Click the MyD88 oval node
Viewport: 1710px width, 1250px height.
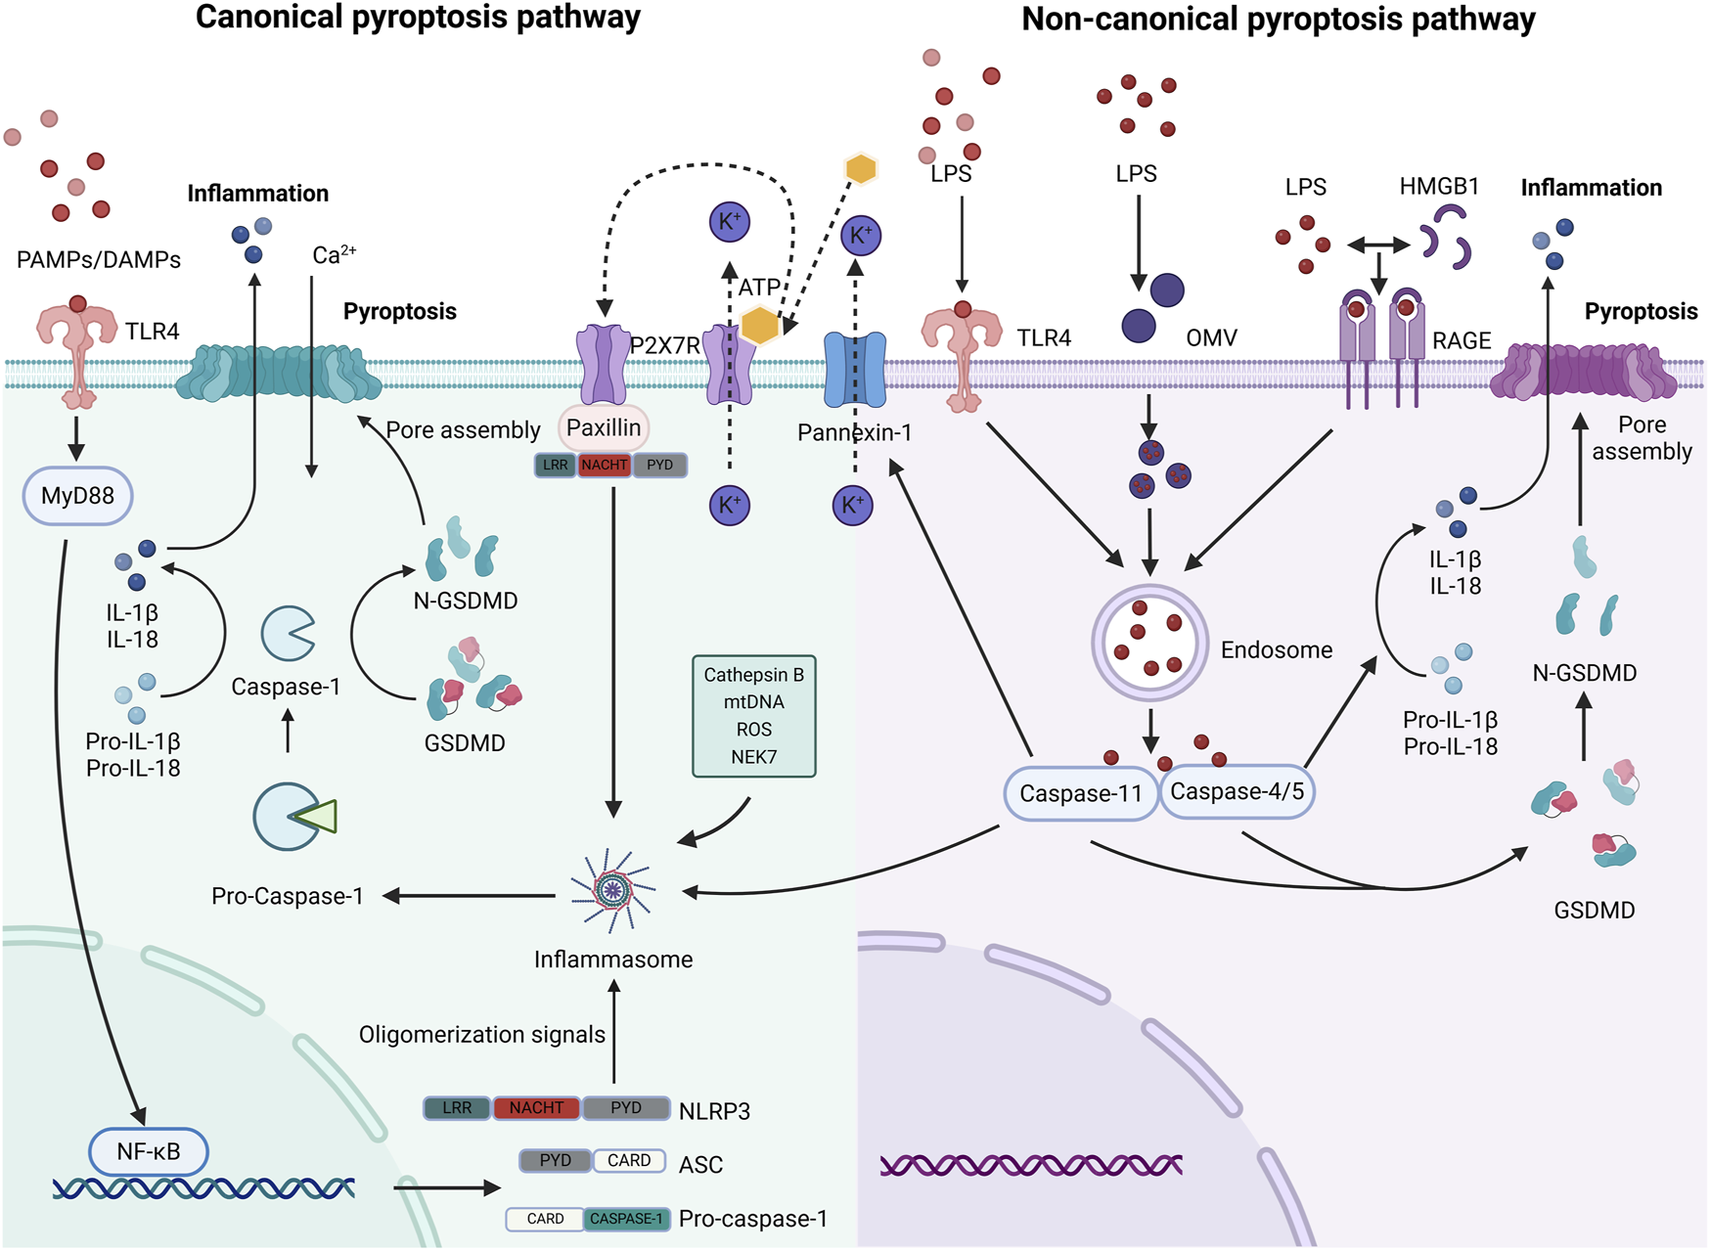(x=77, y=496)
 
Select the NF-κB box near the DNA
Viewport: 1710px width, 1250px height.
(x=148, y=1151)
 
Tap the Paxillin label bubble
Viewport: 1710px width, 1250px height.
(x=604, y=427)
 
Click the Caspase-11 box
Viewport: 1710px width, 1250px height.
(x=1081, y=793)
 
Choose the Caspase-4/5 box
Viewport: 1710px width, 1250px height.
(x=1237, y=791)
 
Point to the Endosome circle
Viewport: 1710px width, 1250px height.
(x=1149, y=643)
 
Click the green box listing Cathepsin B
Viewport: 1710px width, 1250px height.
(x=753, y=716)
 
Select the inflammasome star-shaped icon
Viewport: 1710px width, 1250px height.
(x=613, y=889)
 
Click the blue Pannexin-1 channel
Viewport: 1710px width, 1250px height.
(x=855, y=370)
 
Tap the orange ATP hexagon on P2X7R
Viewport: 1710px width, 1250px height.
(x=759, y=325)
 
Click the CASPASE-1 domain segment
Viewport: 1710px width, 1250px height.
(x=627, y=1219)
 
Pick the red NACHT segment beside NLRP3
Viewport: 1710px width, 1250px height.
(x=536, y=1108)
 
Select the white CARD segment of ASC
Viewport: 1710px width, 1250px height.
(x=629, y=1161)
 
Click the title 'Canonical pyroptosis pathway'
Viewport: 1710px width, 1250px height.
(x=418, y=18)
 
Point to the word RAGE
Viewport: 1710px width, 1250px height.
(x=1462, y=340)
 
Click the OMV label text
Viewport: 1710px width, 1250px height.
(x=1211, y=338)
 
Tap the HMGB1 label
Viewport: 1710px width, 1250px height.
(x=1439, y=186)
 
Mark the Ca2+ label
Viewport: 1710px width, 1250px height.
(x=334, y=255)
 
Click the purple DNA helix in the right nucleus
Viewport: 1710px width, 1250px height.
(x=1031, y=1165)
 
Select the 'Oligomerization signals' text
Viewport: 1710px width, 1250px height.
(x=481, y=1035)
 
